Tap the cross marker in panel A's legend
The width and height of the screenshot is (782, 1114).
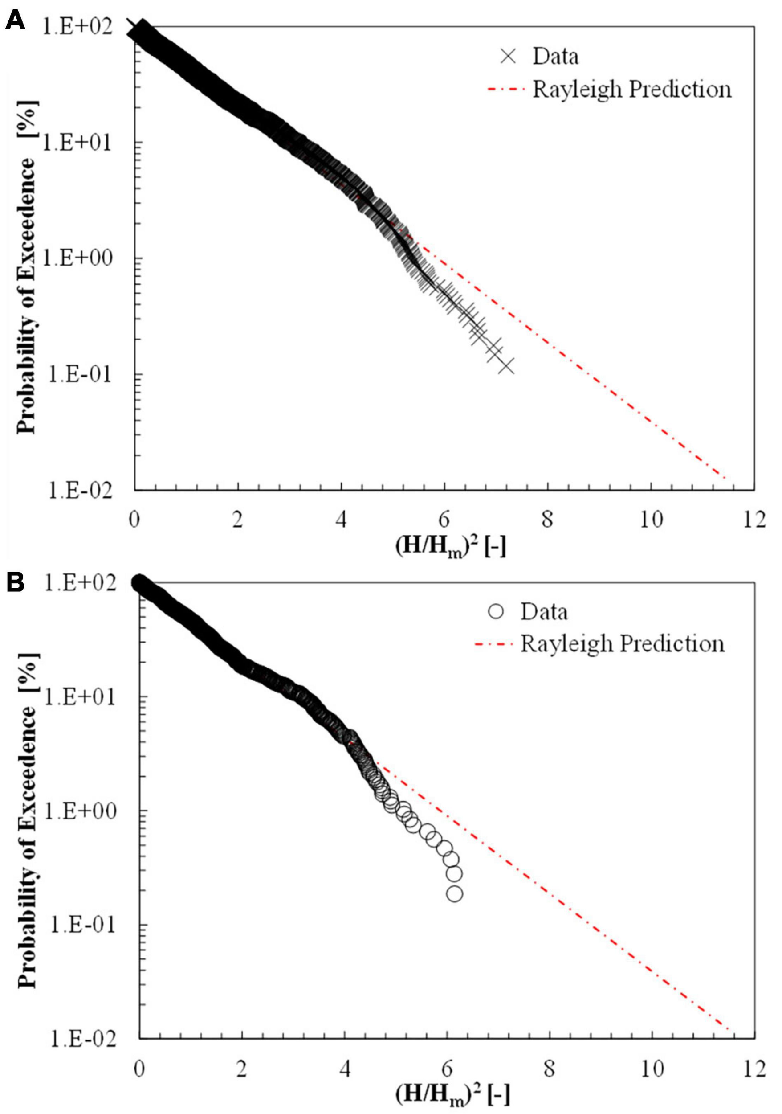[x=508, y=57]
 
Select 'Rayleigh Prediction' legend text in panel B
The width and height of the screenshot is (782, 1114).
[x=623, y=644]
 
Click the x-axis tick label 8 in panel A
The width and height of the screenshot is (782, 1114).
[x=547, y=520]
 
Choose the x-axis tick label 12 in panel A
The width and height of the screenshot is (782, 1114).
[x=754, y=520]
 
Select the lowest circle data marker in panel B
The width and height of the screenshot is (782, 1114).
[x=454, y=893]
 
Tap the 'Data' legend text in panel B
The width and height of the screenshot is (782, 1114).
[x=544, y=612]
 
